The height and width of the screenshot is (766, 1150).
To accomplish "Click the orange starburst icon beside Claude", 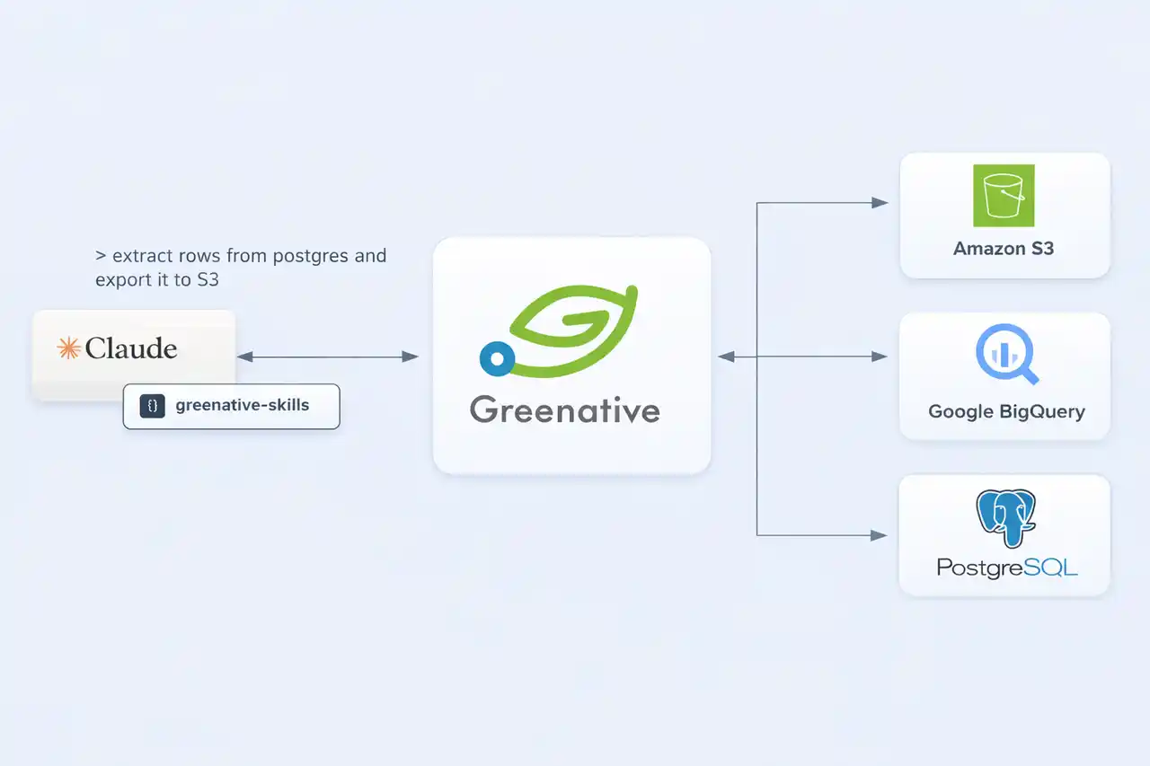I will pos(68,348).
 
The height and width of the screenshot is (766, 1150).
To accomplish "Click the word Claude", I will pos(131,348).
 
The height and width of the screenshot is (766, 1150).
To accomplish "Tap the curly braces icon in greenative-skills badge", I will pos(153,406).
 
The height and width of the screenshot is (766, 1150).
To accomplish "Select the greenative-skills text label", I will pos(243,405).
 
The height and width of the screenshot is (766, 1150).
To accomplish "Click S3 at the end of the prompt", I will pos(208,280).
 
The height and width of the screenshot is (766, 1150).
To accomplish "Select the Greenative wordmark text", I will pos(565,409).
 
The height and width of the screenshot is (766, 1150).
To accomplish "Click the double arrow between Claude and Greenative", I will pos(328,357).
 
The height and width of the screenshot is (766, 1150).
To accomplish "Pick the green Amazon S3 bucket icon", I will pos(1004,196).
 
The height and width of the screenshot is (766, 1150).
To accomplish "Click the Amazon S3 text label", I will pos(1004,249).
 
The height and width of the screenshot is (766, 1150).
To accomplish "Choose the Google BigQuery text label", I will pos(1006,412).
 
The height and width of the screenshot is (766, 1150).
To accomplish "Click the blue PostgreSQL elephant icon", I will pos(1006,519).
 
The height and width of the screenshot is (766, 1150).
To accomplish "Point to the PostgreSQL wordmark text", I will pos(1007,568).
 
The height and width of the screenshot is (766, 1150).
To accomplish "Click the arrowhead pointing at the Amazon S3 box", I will pos(880,203).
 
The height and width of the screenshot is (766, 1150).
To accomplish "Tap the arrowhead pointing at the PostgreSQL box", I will pos(880,535).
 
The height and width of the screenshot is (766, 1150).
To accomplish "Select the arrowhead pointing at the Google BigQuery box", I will pos(880,357).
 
